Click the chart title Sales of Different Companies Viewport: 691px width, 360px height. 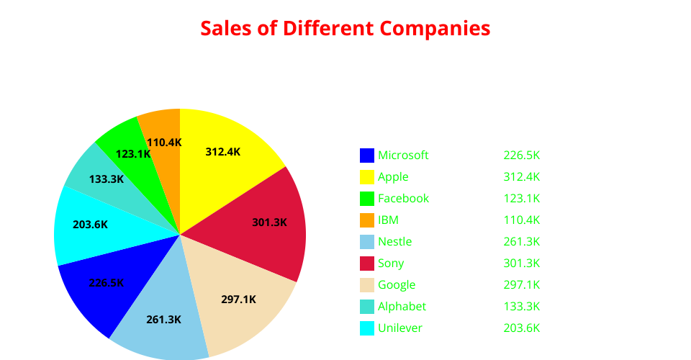(x=345, y=29)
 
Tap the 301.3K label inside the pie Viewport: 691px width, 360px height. (x=269, y=222)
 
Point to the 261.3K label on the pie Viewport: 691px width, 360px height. (x=163, y=320)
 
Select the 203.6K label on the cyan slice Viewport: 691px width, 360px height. (x=90, y=225)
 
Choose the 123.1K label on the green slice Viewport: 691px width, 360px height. (x=133, y=154)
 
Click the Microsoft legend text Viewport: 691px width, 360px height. (x=403, y=156)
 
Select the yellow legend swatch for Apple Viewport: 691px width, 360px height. (x=367, y=177)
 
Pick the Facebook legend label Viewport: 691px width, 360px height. (x=403, y=199)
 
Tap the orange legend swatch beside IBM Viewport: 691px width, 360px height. (x=367, y=220)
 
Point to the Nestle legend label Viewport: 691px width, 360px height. (x=394, y=242)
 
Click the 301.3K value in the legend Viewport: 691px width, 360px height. (x=521, y=264)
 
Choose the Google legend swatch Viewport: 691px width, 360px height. (x=367, y=285)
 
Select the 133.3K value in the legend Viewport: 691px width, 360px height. (x=521, y=307)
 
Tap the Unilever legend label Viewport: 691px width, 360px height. (x=399, y=328)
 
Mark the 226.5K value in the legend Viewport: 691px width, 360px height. (x=521, y=156)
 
